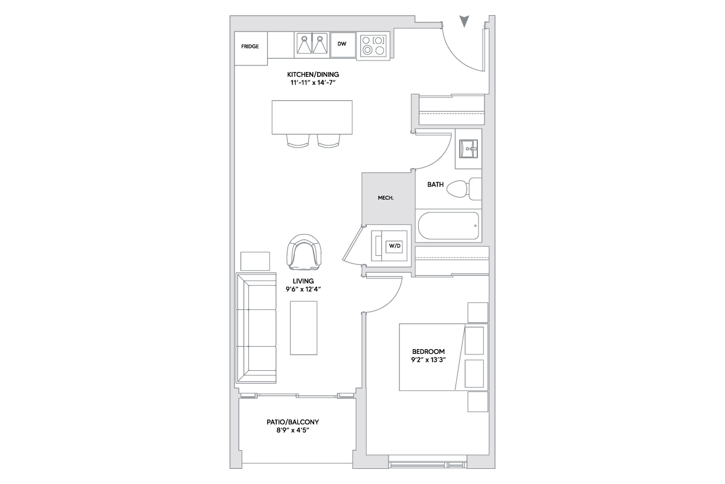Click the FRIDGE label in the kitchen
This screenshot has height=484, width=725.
[250, 47]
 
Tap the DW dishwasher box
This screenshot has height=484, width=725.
[343, 45]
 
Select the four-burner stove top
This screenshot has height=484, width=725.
[373, 46]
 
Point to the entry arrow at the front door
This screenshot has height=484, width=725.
[465, 21]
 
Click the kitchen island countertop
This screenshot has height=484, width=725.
[312, 117]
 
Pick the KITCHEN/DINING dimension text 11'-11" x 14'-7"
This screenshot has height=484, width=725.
[313, 83]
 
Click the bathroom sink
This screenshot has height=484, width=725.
[468, 149]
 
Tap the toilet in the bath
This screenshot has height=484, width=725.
[464, 189]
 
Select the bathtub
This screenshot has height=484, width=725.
[448, 226]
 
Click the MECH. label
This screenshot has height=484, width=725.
[386, 198]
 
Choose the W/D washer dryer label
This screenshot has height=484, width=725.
[395, 246]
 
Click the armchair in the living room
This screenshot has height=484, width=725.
[304, 252]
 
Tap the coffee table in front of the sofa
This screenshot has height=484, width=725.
[303, 328]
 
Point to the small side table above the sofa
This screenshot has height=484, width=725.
[255, 261]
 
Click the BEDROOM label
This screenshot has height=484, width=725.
[428, 352]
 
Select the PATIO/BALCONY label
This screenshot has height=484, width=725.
[292, 422]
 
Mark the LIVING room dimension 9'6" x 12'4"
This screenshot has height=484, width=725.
[303, 289]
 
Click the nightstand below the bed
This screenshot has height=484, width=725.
[478, 402]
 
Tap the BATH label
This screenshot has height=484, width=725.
[436, 185]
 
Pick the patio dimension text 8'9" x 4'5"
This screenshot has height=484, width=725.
[292, 431]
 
